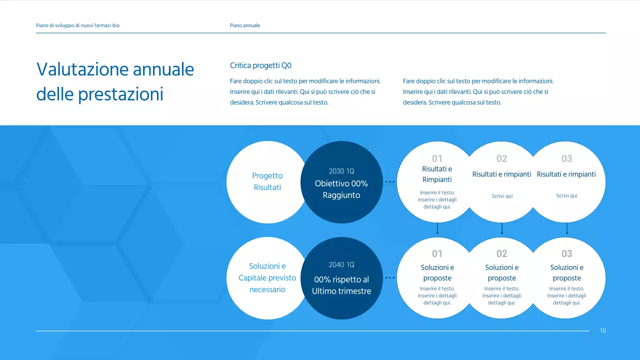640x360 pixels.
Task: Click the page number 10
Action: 602,330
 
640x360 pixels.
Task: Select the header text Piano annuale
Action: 245,25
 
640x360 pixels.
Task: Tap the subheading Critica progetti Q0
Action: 260,65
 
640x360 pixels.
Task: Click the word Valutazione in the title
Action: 82,69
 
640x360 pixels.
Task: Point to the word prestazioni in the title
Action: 120,94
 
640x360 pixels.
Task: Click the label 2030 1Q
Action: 341,171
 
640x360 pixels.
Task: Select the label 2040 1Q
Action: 341,265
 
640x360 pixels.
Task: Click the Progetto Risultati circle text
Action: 267,181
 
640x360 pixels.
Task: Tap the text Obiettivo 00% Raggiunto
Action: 341,189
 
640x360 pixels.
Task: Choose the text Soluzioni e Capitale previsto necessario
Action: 267,277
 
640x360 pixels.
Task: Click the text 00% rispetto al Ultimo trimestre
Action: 341,285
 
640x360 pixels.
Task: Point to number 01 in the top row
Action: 437,158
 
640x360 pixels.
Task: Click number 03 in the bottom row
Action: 567,253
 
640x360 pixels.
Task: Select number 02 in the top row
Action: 501,158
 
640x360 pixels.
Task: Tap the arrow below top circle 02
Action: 502,228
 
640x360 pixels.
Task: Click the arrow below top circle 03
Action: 567,228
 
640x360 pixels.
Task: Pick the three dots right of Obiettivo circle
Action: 390,181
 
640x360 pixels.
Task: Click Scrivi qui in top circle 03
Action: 566,195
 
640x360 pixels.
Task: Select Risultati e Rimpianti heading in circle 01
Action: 437,174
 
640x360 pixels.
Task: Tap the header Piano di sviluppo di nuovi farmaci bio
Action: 77,25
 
